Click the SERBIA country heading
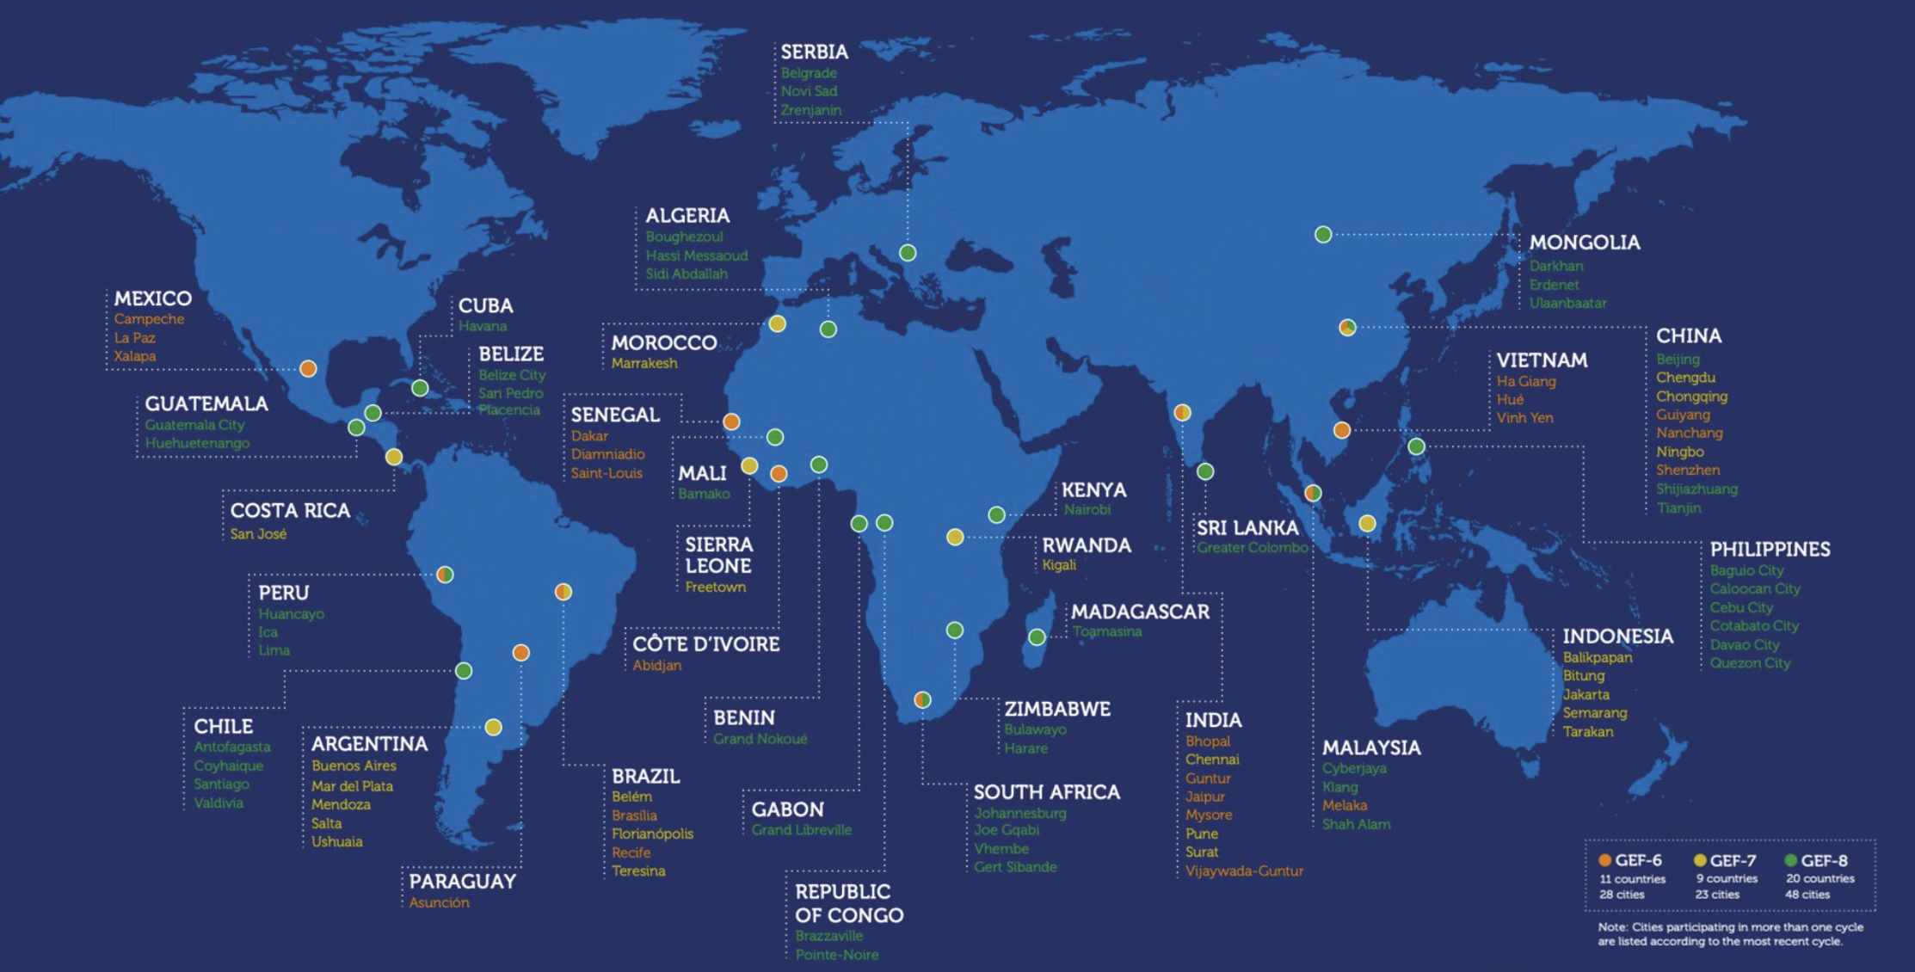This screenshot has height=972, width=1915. (x=814, y=52)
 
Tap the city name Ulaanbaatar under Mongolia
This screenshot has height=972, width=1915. (x=1567, y=303)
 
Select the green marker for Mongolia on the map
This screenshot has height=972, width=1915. (x=1323, y=234)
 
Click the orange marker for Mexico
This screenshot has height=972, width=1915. (x=308, y=369)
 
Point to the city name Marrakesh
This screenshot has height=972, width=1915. (x=644, y=363)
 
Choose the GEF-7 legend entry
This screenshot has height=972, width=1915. (x=1732, y=860)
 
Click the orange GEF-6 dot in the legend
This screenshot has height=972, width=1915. (x=1604, y=860)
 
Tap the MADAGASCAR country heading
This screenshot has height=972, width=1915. (x=1140, y=612)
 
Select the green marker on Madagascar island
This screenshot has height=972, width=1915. (x=1037, y=637)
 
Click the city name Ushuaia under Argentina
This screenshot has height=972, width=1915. (x=336, y=841)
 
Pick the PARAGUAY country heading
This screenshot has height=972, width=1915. (x=462, y=881)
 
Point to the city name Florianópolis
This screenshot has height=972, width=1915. (x=652, y=834)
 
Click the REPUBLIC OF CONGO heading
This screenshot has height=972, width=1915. (x=848, y=903)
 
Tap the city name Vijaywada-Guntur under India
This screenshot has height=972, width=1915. (x=1244, y=870)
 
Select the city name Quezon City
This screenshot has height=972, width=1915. (x=1750, y=662)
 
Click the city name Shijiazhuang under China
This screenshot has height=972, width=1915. (x=1696, y=489)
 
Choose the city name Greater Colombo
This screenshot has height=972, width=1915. (x=1252, y=547)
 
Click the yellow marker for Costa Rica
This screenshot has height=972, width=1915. (x=394, y=457)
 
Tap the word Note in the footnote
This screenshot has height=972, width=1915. (x=1611, y=926)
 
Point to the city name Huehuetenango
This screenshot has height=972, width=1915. (x=197, y=443)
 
